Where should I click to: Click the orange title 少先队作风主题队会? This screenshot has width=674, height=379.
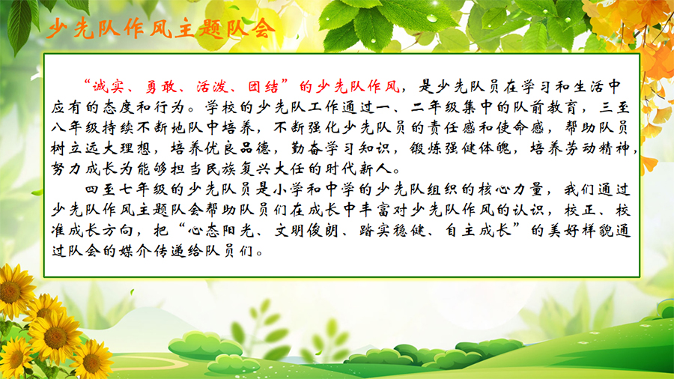click(x=161, y=29)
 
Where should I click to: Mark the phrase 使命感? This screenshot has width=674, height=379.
click(x=520, y=127)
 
